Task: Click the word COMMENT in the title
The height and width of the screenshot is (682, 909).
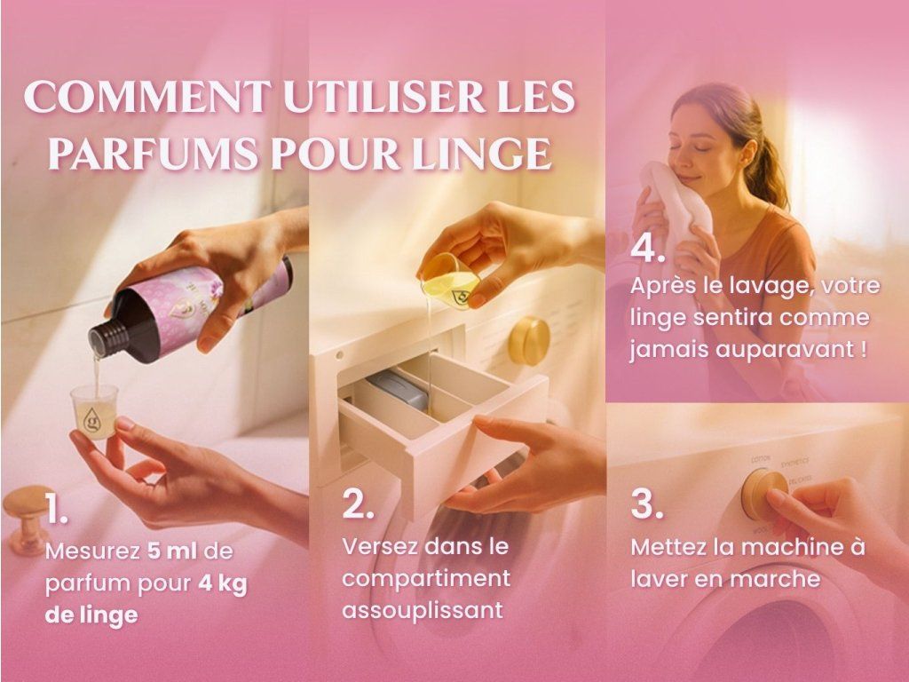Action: click(x=147, y=96)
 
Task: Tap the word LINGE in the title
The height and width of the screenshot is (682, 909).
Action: click(x=482, y=154)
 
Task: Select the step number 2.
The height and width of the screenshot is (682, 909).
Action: click(x=358, y=503)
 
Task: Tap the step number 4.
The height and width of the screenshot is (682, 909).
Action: click(x=647, y=248)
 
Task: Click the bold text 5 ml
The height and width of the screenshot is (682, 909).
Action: click(x=172, y=551)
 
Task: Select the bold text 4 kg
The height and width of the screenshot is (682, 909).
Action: click(x=223, y=583)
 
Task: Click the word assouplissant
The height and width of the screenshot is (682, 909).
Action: click(x=423, y=611)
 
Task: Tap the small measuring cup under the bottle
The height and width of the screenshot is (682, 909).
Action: click(x=94, y=411)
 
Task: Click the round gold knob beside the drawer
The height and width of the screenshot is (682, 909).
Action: click(x=529, y=341)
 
